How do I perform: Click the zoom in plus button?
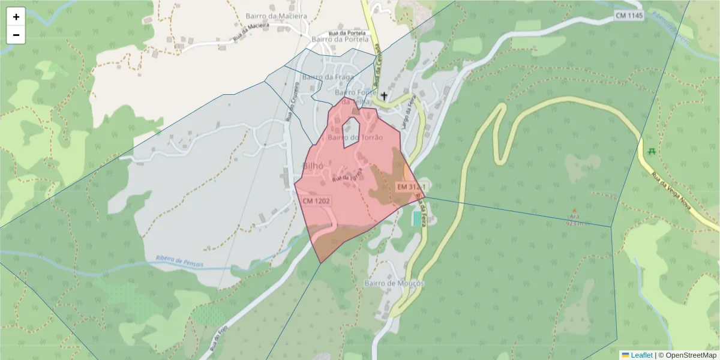click(16, 17)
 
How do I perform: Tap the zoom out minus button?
click(16, 35)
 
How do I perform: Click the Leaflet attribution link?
click(641, 355)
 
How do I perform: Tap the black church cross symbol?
click(384, 95)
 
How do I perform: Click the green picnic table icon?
click(652, 150)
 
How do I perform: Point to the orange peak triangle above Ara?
click(574, 210)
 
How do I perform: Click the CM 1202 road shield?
click(316, 201)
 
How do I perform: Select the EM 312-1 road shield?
click(410, 188)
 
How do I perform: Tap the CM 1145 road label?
click(628, 15)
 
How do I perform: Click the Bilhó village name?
click(314, 167)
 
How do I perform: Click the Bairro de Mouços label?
click(394, 283)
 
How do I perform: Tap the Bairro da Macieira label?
click(276, 16)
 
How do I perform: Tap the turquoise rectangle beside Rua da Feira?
click(416, 218)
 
